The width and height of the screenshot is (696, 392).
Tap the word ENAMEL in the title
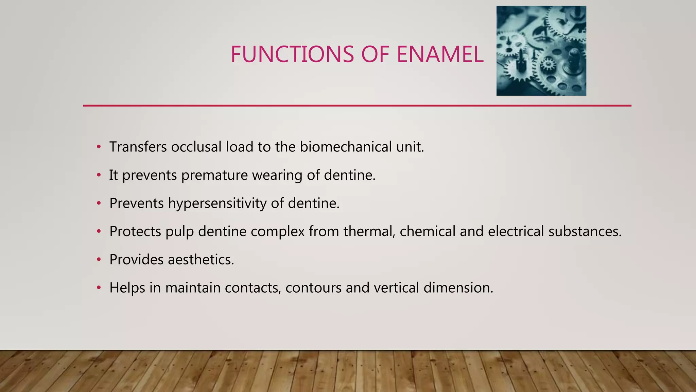(x=440, y=54)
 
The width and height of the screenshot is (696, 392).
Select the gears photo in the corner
(x=541, y=51)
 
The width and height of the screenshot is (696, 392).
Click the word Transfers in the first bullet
(x=138, y=147)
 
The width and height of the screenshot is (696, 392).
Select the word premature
(x=214, y=176)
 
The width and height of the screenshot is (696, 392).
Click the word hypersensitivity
(x=217, y=204)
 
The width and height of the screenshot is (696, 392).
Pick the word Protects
(x=135, y=232)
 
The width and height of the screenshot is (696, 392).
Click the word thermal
(x=369, y=232)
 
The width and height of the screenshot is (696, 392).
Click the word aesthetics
(x=201, y=260)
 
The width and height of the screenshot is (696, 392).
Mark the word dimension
(x=458, y=288)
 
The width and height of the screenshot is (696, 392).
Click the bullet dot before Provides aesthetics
(x=99, y=260)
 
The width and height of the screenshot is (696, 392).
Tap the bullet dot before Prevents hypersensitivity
(x=99, y=203)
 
